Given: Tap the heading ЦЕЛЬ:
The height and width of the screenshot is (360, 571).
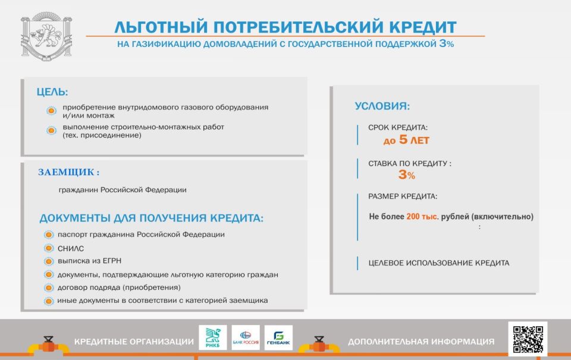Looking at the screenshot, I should tap(52, 92).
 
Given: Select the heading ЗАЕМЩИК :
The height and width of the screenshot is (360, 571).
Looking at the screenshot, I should tap(68, 173).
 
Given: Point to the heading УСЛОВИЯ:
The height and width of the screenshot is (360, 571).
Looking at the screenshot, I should tap(382, 107).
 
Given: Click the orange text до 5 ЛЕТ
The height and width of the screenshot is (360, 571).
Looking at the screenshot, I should tap(406, 141).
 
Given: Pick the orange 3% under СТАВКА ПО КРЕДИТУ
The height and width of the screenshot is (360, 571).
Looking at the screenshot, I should tap(406, 175).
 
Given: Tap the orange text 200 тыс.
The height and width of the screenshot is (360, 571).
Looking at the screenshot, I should tap(422, 217).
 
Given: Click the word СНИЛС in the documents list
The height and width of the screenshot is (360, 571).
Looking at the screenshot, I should tap(71, 248).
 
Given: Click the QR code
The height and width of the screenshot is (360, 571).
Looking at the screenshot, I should tap(528, 339).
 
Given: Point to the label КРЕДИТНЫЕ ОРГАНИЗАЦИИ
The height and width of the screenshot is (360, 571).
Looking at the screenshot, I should tap(134, 342).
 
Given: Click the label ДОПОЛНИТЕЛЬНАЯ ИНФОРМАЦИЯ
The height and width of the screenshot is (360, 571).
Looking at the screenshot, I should tap(421, 342).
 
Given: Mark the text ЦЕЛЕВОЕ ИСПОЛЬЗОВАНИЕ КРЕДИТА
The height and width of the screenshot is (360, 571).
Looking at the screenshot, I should tap(439, 263).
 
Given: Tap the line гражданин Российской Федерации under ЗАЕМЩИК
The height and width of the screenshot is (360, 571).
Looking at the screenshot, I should tap(122, 190).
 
